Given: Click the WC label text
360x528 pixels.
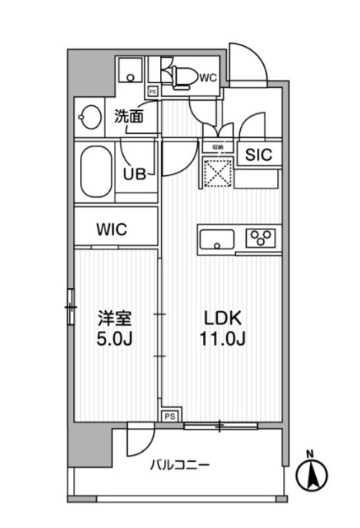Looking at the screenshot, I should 208,77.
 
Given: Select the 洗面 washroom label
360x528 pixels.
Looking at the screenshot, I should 128,117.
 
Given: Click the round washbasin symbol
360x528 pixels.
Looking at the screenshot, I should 89,119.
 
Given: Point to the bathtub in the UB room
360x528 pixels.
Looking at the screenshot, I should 95,169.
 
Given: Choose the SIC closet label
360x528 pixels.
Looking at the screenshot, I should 258,154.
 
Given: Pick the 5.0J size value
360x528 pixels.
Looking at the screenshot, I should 112,339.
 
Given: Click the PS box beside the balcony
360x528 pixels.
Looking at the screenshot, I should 168,416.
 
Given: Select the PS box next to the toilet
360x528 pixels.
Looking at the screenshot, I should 152,91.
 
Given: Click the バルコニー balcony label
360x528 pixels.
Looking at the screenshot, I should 179,465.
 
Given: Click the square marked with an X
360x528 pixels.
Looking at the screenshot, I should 216,172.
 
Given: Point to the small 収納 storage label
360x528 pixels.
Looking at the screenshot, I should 218,147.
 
